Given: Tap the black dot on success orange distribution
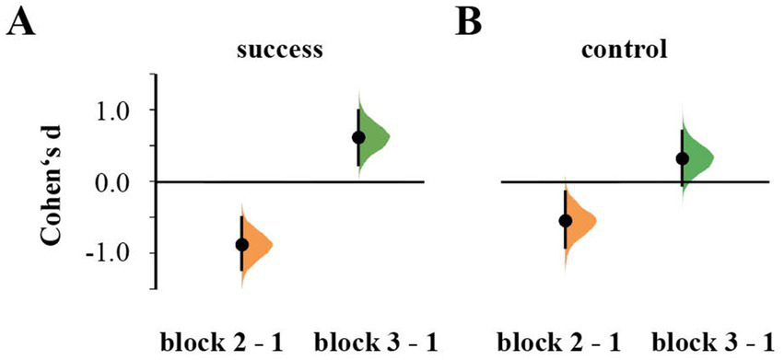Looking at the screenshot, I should pos(242,245).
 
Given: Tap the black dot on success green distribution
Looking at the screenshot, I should pos(358,138).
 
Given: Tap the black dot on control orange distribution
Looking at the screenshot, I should pos(566,221).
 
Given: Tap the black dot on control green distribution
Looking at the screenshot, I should pos(682,158).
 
